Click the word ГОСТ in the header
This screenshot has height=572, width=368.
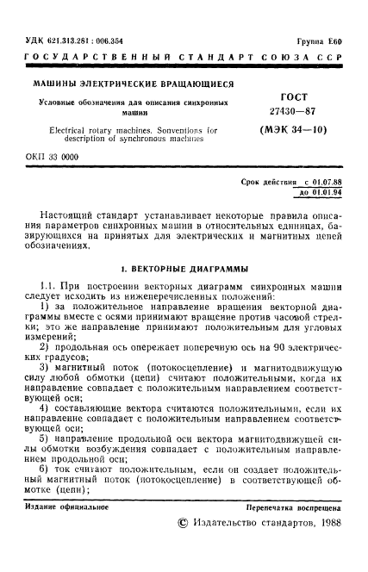pyautogui.click(x=294, y=97)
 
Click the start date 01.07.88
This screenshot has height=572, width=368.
pyautogui.click(x=327, y=183)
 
